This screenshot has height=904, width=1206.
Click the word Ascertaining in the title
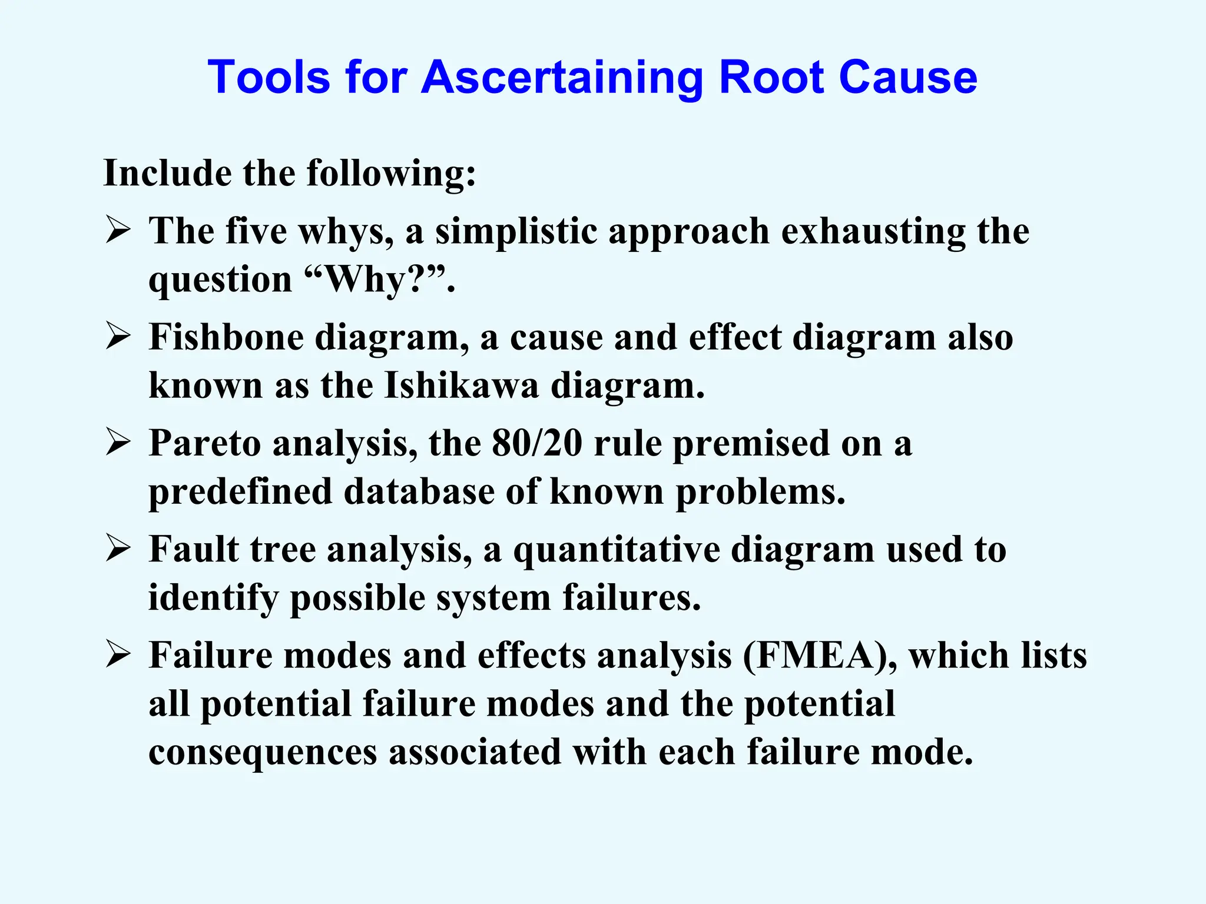[x=562, y=78]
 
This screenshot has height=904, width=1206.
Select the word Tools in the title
[x=269, y=78]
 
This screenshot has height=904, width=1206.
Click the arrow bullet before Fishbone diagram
[x=118, y=337]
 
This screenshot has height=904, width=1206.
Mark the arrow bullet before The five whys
[x=118, y=231]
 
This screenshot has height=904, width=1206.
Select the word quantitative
[x=617, y=550]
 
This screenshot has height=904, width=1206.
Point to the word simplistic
[x=516, y=231]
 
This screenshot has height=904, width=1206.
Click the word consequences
[x=263, y=753]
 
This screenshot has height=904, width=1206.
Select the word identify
[x=213, y=599]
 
